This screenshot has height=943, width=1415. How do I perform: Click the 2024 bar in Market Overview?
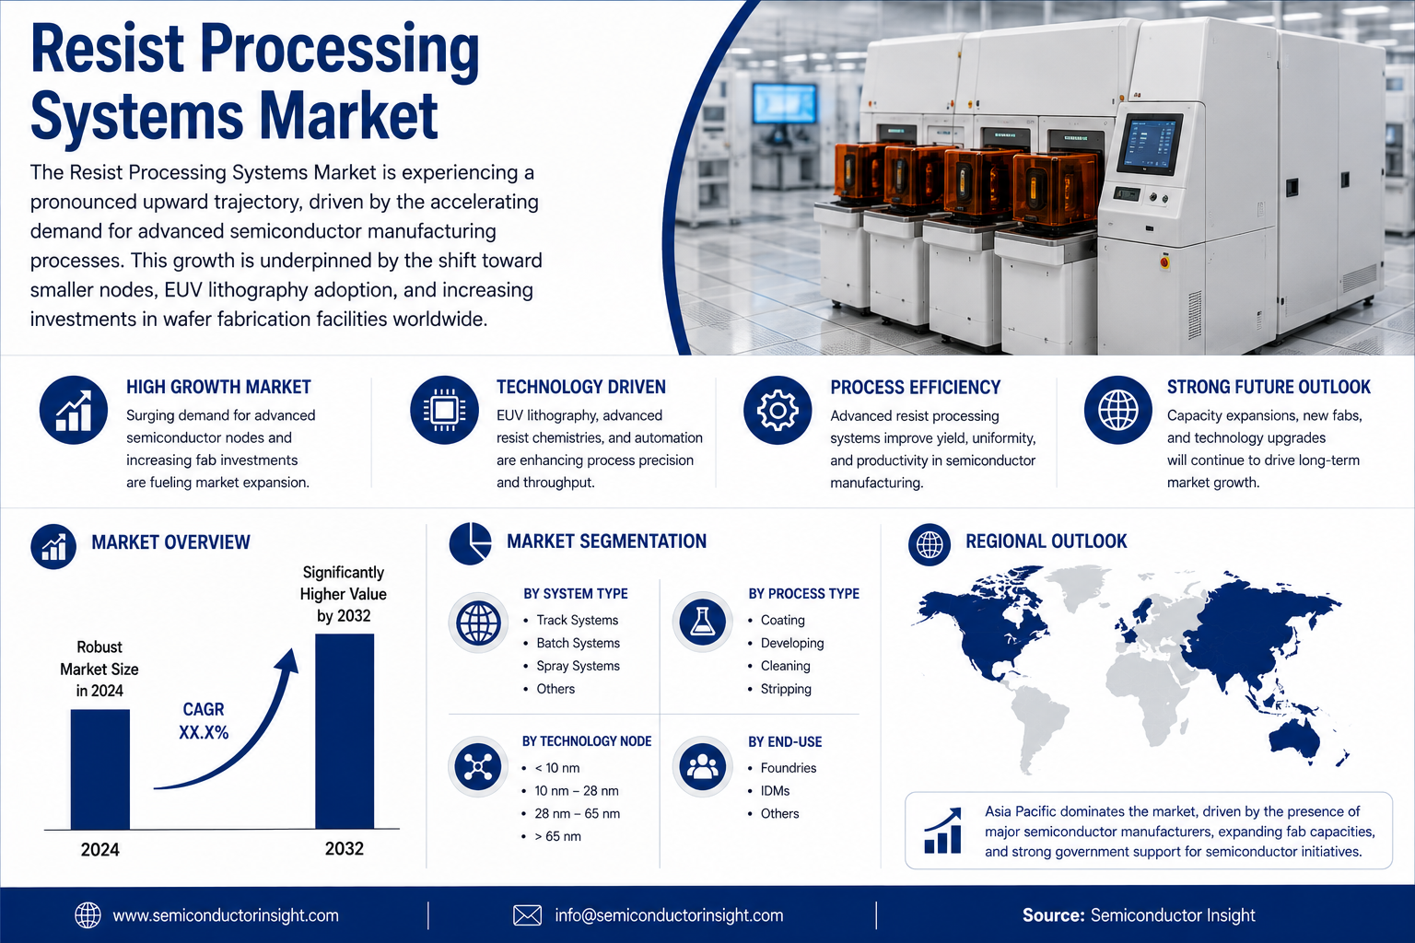pyautogui.click(x=99, y=769)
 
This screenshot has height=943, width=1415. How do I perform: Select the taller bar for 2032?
pyautogui.click(x=345, y=731)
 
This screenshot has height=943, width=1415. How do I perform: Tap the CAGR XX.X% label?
pyautogui.click(x=204, y=721)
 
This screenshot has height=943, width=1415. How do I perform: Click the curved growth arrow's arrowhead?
pyautogui.click(x=288, y=662)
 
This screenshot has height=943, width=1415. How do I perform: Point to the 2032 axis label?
pyautogui.click(x=345, y=848)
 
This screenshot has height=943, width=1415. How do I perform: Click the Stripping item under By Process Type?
pyautogui.click(x=786, y=689)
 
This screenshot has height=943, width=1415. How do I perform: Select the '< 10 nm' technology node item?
pyautogui.click(x=557, y=768)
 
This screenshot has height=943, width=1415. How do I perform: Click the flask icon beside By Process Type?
pyautogui.click(x=702, y=622)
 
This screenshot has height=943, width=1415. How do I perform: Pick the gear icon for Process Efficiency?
pyautogui.click(x=778, y=411)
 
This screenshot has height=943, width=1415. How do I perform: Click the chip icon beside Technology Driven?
pyautogui.click(x=444, y=411)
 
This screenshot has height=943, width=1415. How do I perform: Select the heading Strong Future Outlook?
pyautogui.click(x=1269, y=387)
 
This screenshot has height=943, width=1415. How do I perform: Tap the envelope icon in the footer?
pyautogui.click(x=527, y=915)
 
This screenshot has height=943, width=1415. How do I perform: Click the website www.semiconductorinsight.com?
pyautogui.click(x=226, y=915)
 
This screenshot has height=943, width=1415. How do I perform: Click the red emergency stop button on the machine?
pyautogui.click(x=1164, y=262)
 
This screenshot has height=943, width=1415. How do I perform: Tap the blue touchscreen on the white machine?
pyautogui.click(x=1151, y=145)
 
